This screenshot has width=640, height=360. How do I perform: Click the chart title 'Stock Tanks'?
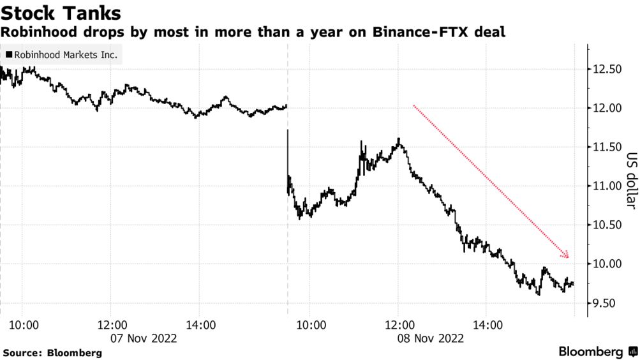click(62, 12)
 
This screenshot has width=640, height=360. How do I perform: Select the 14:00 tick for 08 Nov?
click(485, 324)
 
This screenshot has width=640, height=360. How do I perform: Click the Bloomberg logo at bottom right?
click(597, 352)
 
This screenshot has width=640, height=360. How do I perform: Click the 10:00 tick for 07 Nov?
click(25, 324)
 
